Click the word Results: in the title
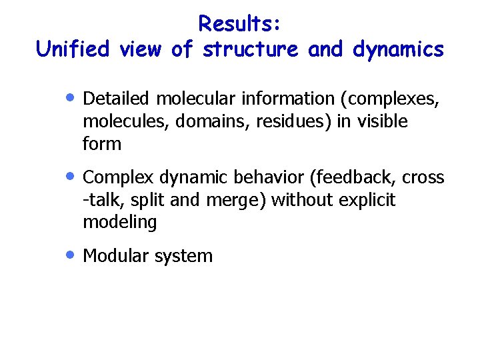(x=240, y=23)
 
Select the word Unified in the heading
(x=73, y=49)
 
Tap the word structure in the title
(x=251, y=49)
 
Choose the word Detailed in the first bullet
(x=117, y=99)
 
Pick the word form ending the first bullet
(x=101, y=144)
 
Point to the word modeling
(x=119, y=223)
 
